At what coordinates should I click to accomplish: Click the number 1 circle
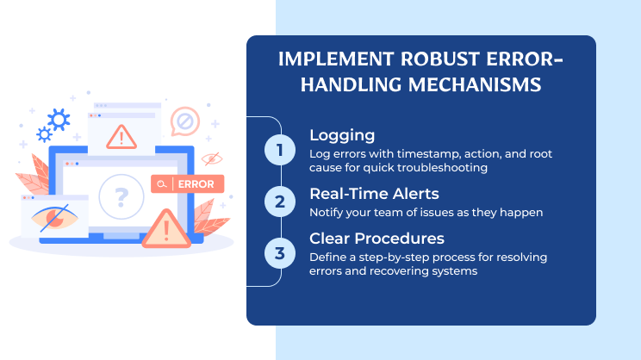[279, 150]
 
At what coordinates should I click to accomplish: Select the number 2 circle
[279, 202]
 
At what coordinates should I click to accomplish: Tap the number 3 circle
[279, 252]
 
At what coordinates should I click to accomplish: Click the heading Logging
[342, 135]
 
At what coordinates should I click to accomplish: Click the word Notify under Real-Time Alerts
[327, 212]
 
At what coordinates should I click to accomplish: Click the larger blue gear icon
[59, 118]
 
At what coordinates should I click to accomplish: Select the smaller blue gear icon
[43, 134]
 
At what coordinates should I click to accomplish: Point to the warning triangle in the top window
[123, 135]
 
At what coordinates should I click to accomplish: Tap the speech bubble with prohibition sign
[184, 121]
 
